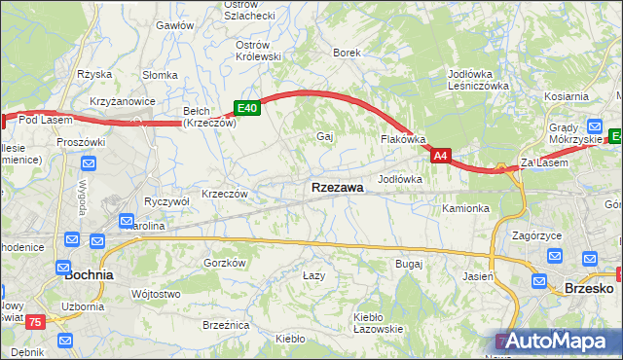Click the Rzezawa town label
tap(338, 188)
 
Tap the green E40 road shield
tap(246, 109)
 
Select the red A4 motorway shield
tap(441, 155)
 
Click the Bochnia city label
tap(89, 275)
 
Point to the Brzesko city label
tap(588, 288)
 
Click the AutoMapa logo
tap(556, 342)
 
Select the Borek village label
tap(348, 53)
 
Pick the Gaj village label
tap(325, 137)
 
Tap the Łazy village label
tap(313, 276)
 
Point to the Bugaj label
tap(409, 264)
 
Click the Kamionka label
tap(465, 209)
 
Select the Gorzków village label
tap(224, 264)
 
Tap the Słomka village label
tap(159, 75)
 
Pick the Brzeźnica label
tap(226, 325)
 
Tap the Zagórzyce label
tap(538, 236)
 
